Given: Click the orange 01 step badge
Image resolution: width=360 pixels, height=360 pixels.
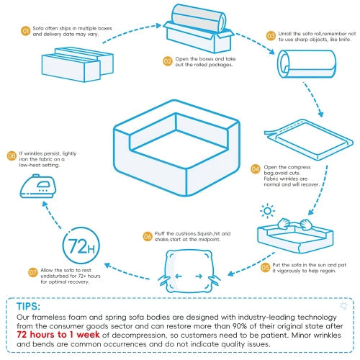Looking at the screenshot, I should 26,32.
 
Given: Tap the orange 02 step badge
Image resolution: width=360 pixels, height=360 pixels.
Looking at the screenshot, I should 168,60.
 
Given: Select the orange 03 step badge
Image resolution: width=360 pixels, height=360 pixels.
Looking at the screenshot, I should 271,35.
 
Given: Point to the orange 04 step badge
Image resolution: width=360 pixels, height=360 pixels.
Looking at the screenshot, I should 255,169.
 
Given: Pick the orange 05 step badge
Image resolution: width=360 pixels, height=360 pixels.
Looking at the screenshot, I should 265,266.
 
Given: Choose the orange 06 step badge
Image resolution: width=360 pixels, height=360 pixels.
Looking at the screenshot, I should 147,235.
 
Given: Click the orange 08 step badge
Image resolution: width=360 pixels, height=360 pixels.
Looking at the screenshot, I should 12,155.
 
